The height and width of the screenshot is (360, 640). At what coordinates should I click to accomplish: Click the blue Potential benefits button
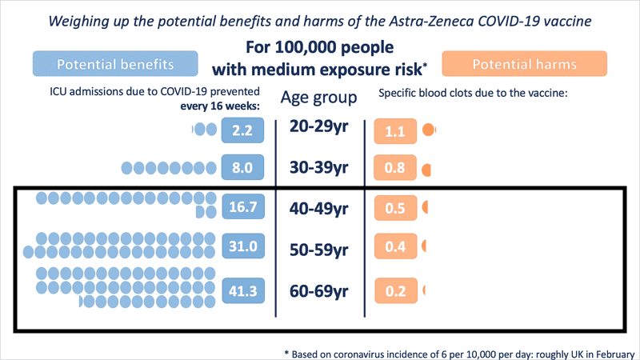[115, 64]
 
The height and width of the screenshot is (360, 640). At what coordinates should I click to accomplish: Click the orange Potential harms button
[525, 64]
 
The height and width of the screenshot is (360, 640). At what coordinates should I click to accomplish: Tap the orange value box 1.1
[394, 130]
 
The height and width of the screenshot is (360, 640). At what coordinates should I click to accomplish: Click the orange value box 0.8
[394, 168]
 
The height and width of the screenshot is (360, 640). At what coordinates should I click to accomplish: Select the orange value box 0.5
[394, 209]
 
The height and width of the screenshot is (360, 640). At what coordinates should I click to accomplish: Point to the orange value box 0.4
[394, 247]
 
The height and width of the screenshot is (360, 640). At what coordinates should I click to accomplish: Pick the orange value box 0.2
[394, 290]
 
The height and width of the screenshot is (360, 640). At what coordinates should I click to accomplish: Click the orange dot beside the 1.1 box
[429, 129]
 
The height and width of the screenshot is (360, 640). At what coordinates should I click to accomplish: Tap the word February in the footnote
[612, 352]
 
